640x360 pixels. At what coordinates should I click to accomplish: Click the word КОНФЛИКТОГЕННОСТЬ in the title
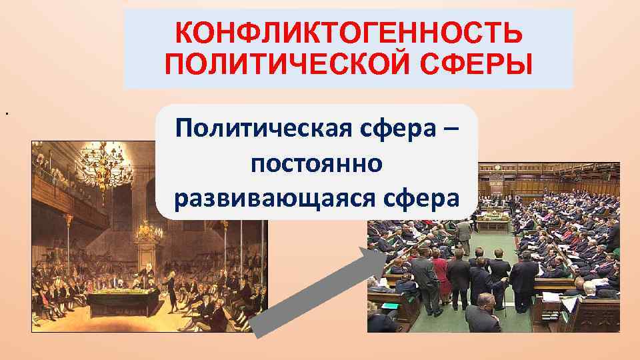point(348,32)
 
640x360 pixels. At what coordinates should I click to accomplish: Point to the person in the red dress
point(441,273)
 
